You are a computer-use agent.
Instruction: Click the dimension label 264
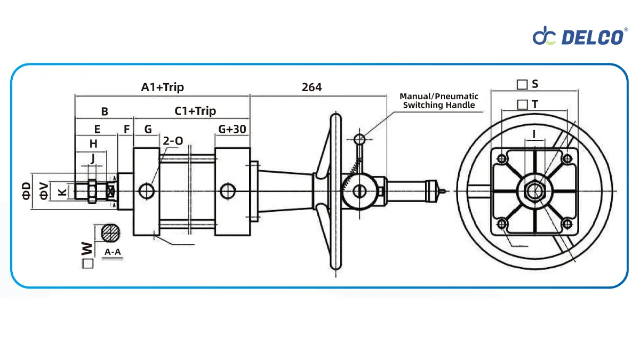tap(311, 87)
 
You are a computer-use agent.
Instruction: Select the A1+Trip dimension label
tap(162, 87)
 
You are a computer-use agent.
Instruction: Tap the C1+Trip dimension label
tap(195, 111)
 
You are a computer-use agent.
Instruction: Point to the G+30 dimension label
tap(232, 129)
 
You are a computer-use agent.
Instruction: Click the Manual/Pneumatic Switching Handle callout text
tap(438, 101)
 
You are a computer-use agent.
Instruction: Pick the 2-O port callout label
tap(173, 141)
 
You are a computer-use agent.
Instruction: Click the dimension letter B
tap(105, 111)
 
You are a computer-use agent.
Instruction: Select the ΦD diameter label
tap(26, 190)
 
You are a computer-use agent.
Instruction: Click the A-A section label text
tap(112, 252)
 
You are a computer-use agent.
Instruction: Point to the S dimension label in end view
tap(534, 84)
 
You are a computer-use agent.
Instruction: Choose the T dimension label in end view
tap(534, 105)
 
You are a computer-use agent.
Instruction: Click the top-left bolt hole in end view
tap(501, 158)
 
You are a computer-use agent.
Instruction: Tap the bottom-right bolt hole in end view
tap(567, 224)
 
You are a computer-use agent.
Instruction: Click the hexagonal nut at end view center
tap(534, 190)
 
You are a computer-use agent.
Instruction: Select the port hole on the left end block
tap(147, 190)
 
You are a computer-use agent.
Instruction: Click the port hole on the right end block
tap(229, 190)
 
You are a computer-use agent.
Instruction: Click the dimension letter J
tap(92, 158)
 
